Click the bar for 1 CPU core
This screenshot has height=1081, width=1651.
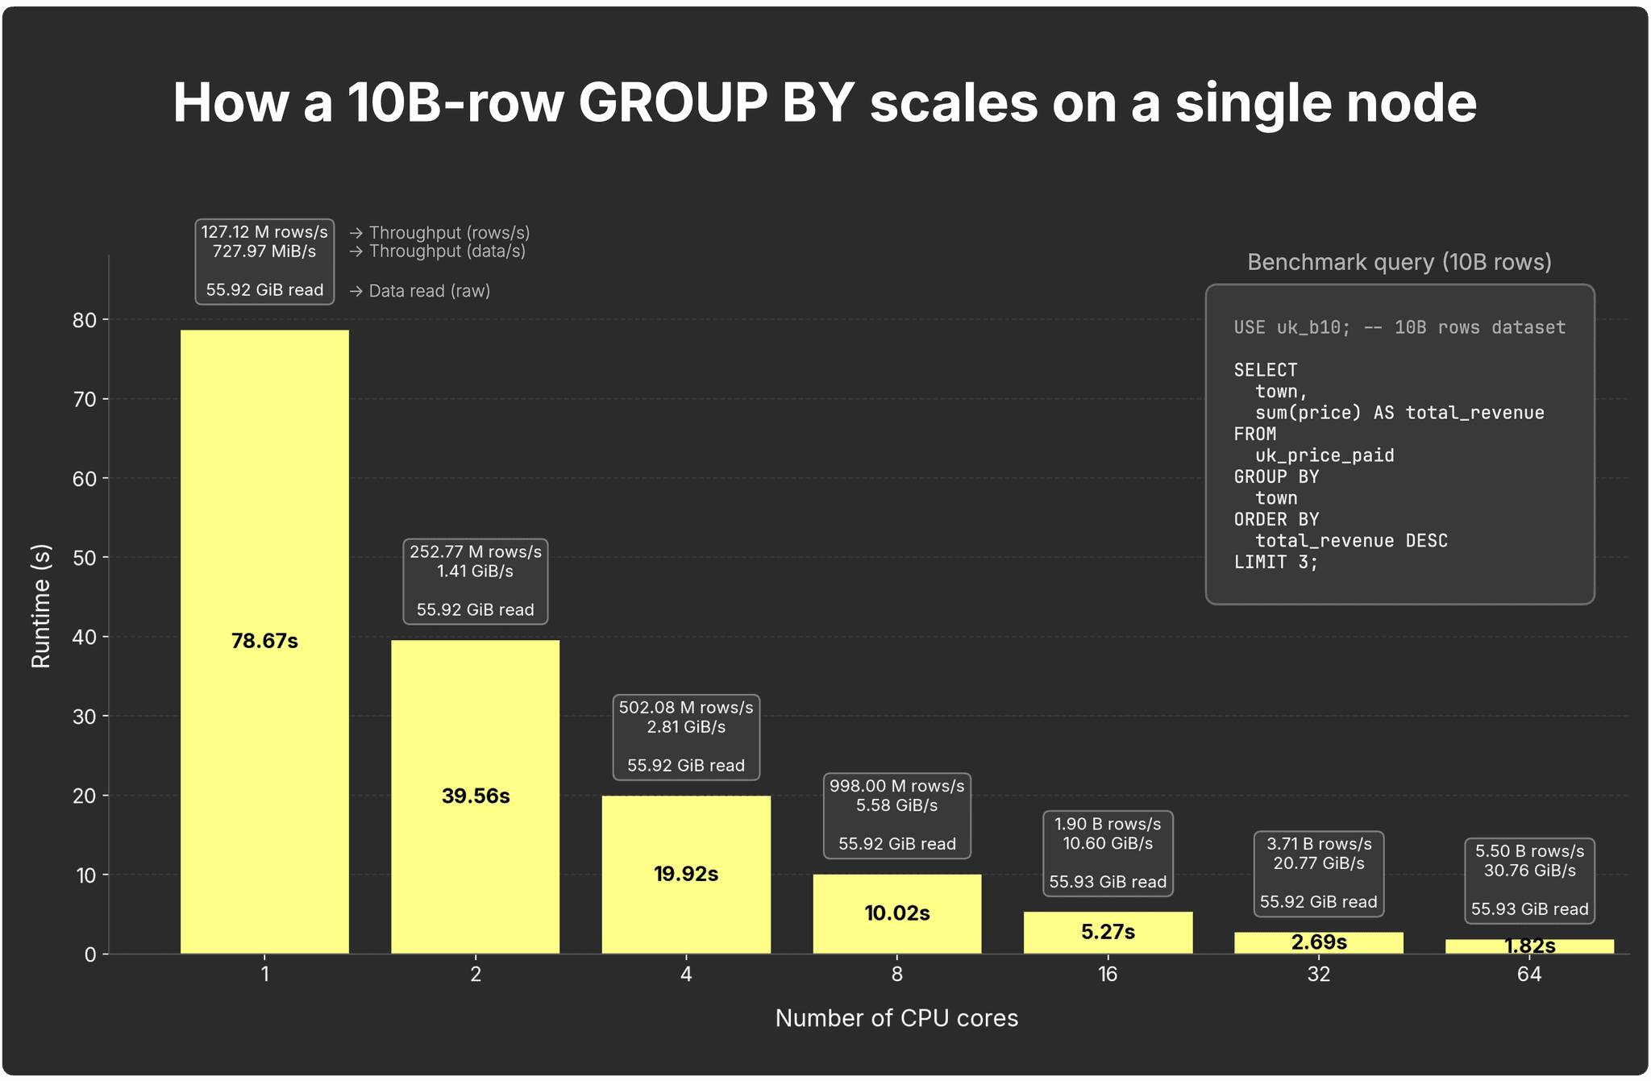tap(264, 642)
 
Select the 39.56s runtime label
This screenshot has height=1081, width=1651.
tap(476, 796)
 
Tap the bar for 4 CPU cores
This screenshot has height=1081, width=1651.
tap(686, 875)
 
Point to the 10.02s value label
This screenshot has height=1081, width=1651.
tap(897, 913)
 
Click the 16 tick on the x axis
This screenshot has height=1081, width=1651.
tap(1108, 975)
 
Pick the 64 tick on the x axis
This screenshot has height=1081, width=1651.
tap(1529, 975)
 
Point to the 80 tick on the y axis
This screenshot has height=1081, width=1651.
tap(85, 320)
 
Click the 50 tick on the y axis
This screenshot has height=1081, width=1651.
tap(85, 558)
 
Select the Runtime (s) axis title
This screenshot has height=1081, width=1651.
tap(41, 606)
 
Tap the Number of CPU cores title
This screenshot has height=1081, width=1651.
tap(896, 1018)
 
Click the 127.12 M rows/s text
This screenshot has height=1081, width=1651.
tap(264, 232)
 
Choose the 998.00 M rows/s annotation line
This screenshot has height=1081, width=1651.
tap(897, 786)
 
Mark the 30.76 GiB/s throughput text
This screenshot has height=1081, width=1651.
tap(1529, 871)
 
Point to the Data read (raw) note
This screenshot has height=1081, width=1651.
tap(420, 291)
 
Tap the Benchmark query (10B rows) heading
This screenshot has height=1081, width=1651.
tap(1399, 262)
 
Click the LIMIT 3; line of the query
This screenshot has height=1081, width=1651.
tap(1276, 562)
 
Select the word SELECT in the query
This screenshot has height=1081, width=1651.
tap(1266, 370)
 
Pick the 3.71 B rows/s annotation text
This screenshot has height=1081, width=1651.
tap(1319, 844)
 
